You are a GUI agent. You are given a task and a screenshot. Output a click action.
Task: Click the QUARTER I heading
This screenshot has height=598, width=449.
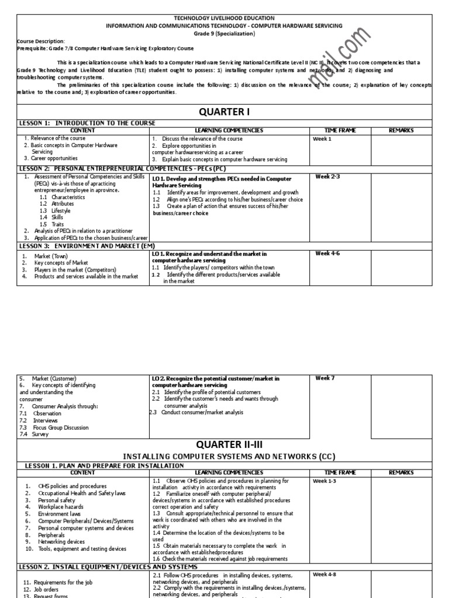coord(224,112)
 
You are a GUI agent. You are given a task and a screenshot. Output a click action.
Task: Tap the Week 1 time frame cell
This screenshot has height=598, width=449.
coord(322,139)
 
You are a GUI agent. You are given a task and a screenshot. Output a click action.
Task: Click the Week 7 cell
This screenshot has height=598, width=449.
coord(324,378)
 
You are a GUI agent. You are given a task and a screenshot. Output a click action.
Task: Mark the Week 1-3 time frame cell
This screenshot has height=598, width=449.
coord(324,481)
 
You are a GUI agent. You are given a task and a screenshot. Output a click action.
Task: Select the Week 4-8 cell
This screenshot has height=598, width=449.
coord(324,574)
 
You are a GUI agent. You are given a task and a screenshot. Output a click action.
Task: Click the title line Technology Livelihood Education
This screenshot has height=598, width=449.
coord(224,19)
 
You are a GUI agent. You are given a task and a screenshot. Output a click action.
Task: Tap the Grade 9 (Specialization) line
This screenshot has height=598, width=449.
coord(224,34)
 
